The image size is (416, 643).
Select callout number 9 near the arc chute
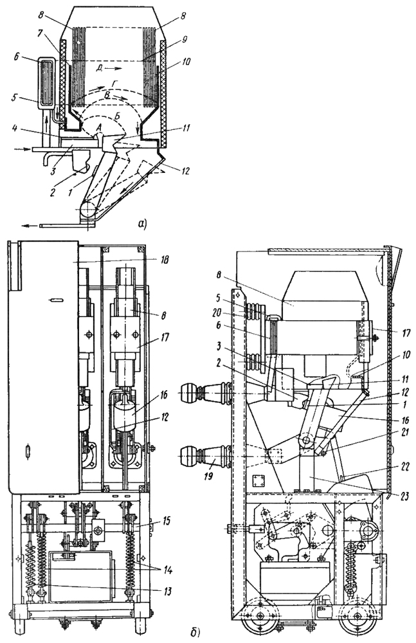185,40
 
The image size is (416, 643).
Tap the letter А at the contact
97,128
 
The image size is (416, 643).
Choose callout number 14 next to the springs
167,570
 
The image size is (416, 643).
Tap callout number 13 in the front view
167,592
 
